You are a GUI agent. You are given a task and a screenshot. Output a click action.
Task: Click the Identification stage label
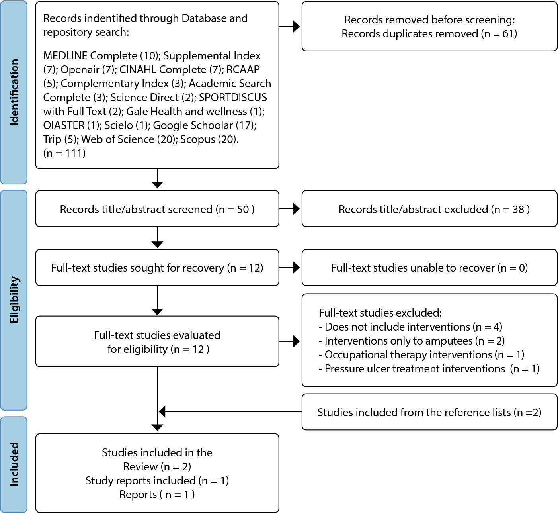[14, 92]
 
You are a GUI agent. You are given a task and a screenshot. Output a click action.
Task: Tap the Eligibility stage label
[14, 300]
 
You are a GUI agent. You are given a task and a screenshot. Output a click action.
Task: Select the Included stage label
[14, 464]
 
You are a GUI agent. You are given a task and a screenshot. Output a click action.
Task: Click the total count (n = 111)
[64, 153]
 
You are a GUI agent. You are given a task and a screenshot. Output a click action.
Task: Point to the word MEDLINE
[65, 56]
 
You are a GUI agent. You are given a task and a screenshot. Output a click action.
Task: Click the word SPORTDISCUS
[233, 98]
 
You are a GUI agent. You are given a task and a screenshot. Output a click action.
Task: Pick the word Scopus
[198, 139]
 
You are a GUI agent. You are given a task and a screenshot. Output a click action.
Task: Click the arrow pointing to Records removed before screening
[289, 26]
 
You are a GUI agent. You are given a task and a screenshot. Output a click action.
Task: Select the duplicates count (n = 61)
[499, 34]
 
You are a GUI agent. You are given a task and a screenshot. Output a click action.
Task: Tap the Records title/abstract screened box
[157, 209]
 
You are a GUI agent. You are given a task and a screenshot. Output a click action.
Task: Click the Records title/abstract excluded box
[429, 209]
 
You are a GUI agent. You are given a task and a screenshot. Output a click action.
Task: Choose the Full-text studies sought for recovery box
[157, 267]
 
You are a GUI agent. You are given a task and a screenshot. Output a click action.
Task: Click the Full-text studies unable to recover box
[429, 267]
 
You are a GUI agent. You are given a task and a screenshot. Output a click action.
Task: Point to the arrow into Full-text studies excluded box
[289, 341]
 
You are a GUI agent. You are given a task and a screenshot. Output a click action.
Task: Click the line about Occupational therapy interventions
[422, 355]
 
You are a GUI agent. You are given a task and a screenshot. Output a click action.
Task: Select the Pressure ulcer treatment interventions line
[429, 369]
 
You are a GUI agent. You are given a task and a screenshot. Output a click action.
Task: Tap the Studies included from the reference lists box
[429, 411]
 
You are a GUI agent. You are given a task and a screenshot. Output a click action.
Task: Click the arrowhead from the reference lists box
[162, 411]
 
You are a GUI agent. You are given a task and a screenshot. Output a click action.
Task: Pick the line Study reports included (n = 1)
[157, 481]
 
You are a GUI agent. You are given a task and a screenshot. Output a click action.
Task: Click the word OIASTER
[64, 125]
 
